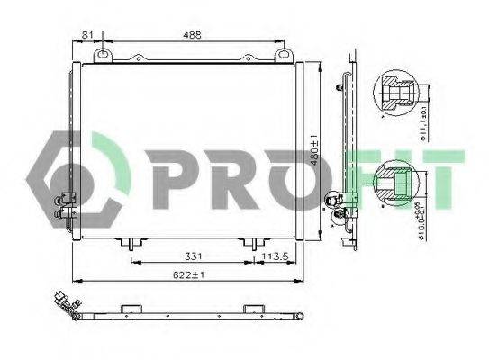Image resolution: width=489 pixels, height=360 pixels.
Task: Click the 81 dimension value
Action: [x=87, y=35]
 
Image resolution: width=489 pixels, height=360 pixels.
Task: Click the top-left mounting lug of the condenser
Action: [x=105, y=57]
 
